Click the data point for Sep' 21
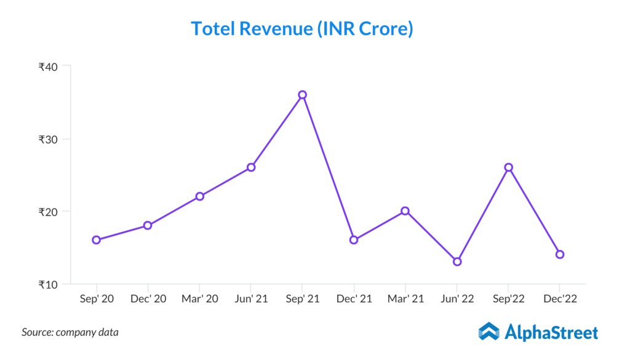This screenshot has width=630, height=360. tap(302, 95)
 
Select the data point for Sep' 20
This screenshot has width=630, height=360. tap(97, 240)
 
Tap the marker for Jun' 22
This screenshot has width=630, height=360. tap(457, 262)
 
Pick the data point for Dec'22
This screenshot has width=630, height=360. tap(560, 254)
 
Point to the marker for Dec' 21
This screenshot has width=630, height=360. tap(354, 240)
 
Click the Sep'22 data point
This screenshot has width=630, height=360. tap(509, 167)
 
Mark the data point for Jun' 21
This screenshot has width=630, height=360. tap(251, 167)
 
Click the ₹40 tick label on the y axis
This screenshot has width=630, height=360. tap(48, 67)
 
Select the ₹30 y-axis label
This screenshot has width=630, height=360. tap(48, 140)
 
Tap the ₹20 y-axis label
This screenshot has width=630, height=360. tap(48, 212)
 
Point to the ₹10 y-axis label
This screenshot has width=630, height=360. tap(48, 285)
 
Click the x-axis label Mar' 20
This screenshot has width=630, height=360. tap(199, 298)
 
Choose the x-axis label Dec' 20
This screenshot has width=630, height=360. tap(148, 298)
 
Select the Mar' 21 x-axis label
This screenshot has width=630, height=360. tap(405, 298)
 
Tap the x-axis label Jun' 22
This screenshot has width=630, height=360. tap(457, 298)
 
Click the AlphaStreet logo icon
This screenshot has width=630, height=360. tap(489, 332)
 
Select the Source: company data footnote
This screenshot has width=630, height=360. tap(70, 332)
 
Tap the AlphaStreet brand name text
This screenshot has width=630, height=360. tap(551, 333)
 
